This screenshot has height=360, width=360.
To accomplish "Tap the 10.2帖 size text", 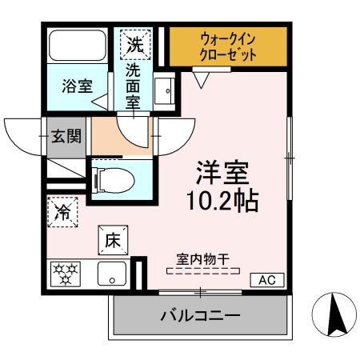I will pos(223,201).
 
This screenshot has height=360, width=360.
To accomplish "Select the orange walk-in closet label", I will pos(228,48).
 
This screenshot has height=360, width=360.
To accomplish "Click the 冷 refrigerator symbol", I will pos(62,212).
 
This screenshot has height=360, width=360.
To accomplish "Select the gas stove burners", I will pos(66,274).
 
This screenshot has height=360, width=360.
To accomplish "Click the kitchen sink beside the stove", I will pos(111,274).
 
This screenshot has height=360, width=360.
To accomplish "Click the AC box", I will pos(266,280).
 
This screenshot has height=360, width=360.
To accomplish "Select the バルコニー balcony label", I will pos(201,316).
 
